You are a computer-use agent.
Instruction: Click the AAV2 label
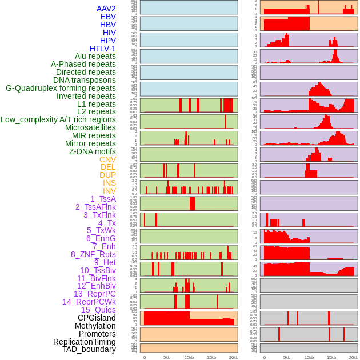106,9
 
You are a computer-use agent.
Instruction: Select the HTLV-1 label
102,49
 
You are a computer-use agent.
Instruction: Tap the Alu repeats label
95,56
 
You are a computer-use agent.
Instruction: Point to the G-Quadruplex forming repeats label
61,88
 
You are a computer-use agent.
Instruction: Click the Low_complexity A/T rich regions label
58,119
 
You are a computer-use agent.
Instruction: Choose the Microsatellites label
90,127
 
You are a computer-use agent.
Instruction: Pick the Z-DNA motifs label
92,151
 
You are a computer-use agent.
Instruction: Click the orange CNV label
107,159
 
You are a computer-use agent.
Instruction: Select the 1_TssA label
103,199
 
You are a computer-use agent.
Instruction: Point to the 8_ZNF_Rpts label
93,254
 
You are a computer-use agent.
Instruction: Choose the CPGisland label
97,318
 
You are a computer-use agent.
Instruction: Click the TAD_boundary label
89,349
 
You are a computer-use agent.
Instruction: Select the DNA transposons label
85,80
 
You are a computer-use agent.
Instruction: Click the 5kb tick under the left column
167,357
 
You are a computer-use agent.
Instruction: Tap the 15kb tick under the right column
331,357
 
